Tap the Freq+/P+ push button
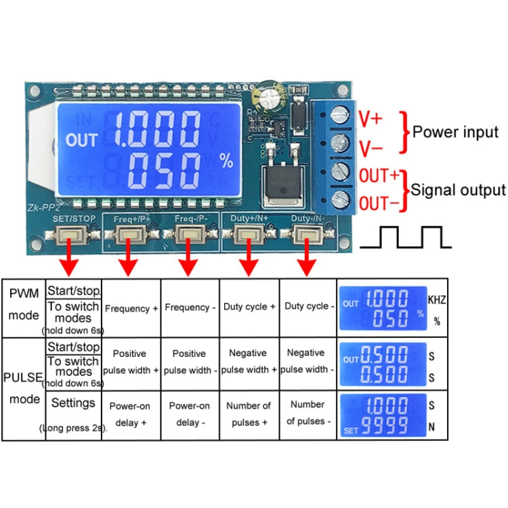[x=127, y=235]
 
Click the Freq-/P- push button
[x=185, y=235]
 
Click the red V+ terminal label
[x=370, y=120]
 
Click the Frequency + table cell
[x=131, y=308]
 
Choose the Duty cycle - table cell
[x=310, y=306]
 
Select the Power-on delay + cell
[x=131, y=414]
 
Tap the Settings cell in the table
[x=73, y=404]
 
